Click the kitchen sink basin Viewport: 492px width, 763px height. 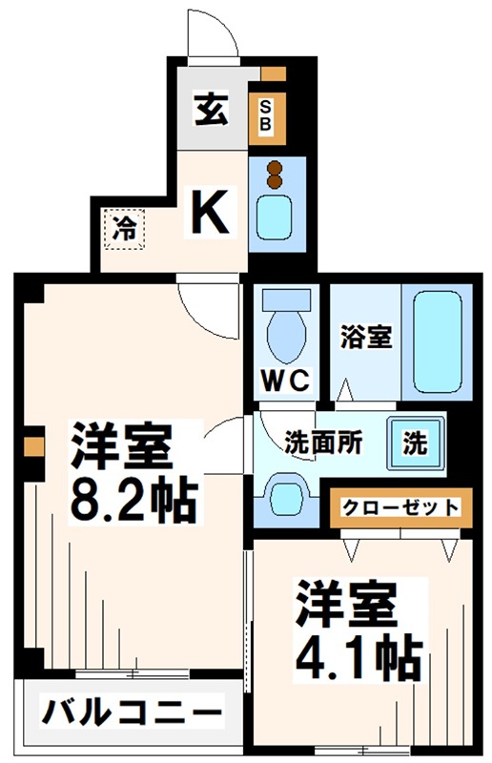point(277,219)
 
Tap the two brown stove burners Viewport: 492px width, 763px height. point(277,174)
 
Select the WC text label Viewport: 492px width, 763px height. point(285,382)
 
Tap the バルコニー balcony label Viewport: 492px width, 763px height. point(131,711)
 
